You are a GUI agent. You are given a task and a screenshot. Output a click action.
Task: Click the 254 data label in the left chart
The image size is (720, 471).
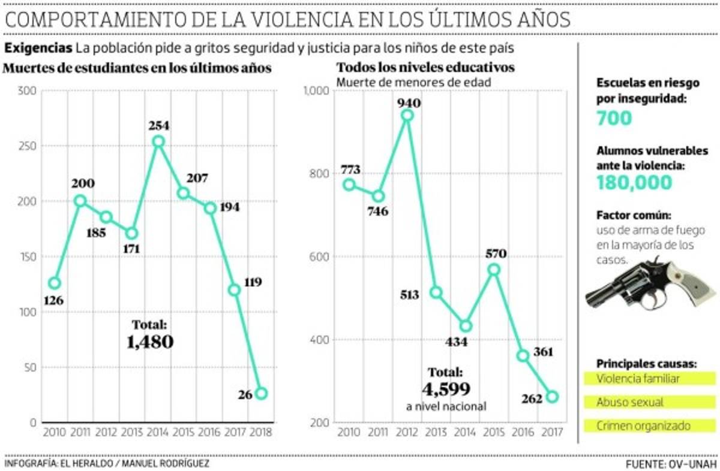tap(159, 126)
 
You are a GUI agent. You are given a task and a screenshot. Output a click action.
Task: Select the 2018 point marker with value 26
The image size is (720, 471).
tap(261, 394)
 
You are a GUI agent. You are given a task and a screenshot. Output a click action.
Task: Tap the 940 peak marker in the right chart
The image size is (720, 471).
tap(407, 115)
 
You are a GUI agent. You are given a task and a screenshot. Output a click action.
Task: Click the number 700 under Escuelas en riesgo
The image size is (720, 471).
tap(614, 119)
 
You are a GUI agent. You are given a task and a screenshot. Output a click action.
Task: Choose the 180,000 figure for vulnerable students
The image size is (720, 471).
tap(634, 183)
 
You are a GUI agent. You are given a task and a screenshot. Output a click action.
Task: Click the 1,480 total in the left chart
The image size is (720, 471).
tap(150, 342)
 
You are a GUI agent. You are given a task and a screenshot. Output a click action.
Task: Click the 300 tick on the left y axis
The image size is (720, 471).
tap(26, 90)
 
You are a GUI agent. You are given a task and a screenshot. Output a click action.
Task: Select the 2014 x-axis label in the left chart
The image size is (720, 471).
tap(158, 431)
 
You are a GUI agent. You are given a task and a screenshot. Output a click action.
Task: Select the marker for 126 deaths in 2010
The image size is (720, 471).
tap(55, 283)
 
